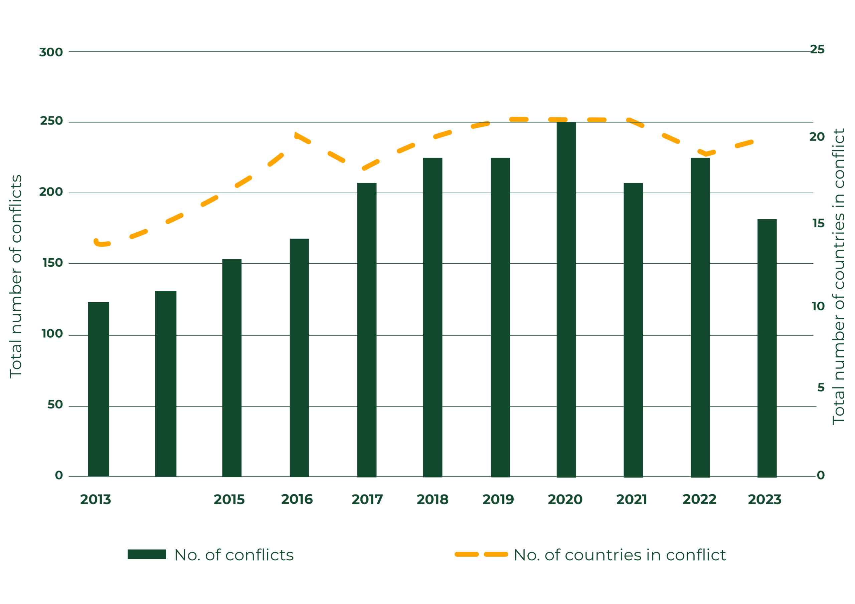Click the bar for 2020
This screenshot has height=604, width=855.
566,300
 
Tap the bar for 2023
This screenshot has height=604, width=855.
767,348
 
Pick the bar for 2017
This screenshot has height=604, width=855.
367,330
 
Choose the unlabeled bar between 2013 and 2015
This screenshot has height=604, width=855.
166,384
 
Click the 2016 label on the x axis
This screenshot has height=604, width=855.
297,500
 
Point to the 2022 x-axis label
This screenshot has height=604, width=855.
699,500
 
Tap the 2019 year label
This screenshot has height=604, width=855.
498,500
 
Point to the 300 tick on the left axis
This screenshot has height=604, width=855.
51,52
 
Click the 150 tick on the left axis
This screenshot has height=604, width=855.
52,263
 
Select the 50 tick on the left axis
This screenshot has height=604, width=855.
55,404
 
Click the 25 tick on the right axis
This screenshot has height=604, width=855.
817,49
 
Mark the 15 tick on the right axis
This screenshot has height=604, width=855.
818,223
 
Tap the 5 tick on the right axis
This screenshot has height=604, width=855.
821,387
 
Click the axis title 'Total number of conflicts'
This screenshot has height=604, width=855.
16,277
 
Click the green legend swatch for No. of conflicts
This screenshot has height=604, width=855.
147,554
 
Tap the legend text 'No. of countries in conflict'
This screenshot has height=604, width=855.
620,555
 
